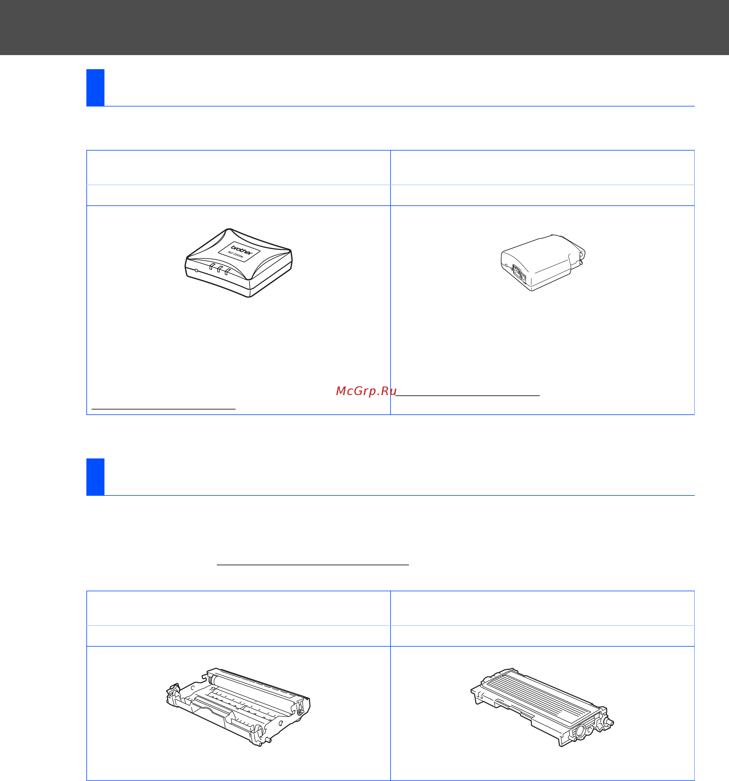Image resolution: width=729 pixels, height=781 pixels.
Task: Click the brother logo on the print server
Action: pyautogui.click(x=241, y=250)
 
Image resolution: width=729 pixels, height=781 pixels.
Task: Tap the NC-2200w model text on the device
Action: pyautogui.click(x=236, y=255)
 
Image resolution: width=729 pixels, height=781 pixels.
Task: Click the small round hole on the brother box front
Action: pyautogui.click(x=197, y=270)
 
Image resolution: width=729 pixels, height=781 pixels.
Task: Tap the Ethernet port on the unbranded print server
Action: pyautogui.click(x=517, y=271)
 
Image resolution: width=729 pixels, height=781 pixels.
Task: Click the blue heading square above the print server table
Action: pyautogui.click(x=96, y=88)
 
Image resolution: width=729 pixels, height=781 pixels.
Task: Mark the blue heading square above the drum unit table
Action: pyautogui.click(x=96, y=477)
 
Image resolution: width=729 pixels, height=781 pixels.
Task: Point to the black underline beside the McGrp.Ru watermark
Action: pyautogui.click(x=467, y=395)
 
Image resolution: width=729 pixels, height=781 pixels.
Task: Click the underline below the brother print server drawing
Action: pyautogui.click(x=164, y=409)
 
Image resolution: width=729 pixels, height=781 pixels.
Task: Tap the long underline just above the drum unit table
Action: pyautogui.click(x=313, y=565)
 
